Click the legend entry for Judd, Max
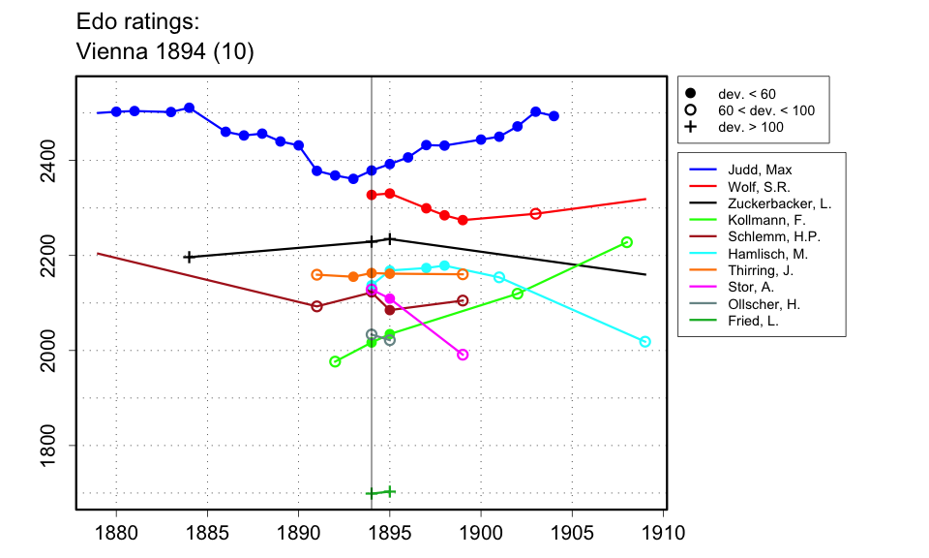coord(759,170)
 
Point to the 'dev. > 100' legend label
coord(750,127)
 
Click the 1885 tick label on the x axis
coord(207,533)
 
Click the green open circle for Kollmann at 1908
coord(627,242)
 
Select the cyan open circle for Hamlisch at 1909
coord(645,341)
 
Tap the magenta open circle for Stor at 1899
coord(463,355)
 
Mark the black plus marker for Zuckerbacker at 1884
coord(189,257)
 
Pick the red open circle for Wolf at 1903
coord(536,213)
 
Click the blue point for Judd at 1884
coord(190,108)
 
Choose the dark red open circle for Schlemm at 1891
coord(316,306)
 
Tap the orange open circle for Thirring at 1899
coord(463,274)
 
